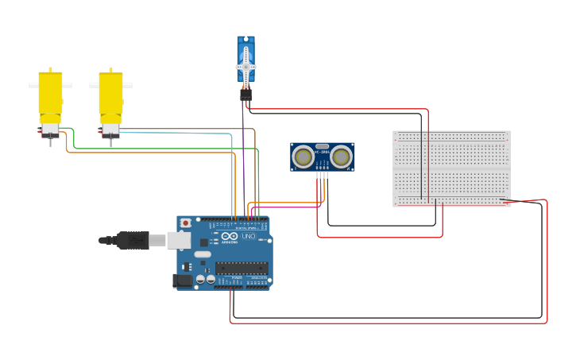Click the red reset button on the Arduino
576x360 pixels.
pyautogui.click(x=186, y=223)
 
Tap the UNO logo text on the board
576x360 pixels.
pyautogui.click(x=248, y=236)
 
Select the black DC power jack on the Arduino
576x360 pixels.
pyautogui.click(x=182, y=280)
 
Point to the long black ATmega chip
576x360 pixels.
pyautogui.click(x=242, y=268)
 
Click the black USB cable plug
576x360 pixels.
pyautogui.click(x=132, y=239)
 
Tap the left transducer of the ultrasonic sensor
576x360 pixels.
pyautogui.click(x=303, y=157)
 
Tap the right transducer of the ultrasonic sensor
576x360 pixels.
pyautogui.click(x=342, y=157)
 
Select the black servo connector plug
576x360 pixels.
pyautogui.click(x=246, y=95)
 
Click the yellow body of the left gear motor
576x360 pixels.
pyautogui.click(x=51, y=95)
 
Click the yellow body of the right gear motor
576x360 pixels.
pyautogui.click(x=111, y=95)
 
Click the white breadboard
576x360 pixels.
pyautogui.click(x=451, y=168)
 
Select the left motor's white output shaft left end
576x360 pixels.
pyautogui.click(x=33, y=84)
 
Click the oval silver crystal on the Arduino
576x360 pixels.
pyautogui.click(x=203, y=254)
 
